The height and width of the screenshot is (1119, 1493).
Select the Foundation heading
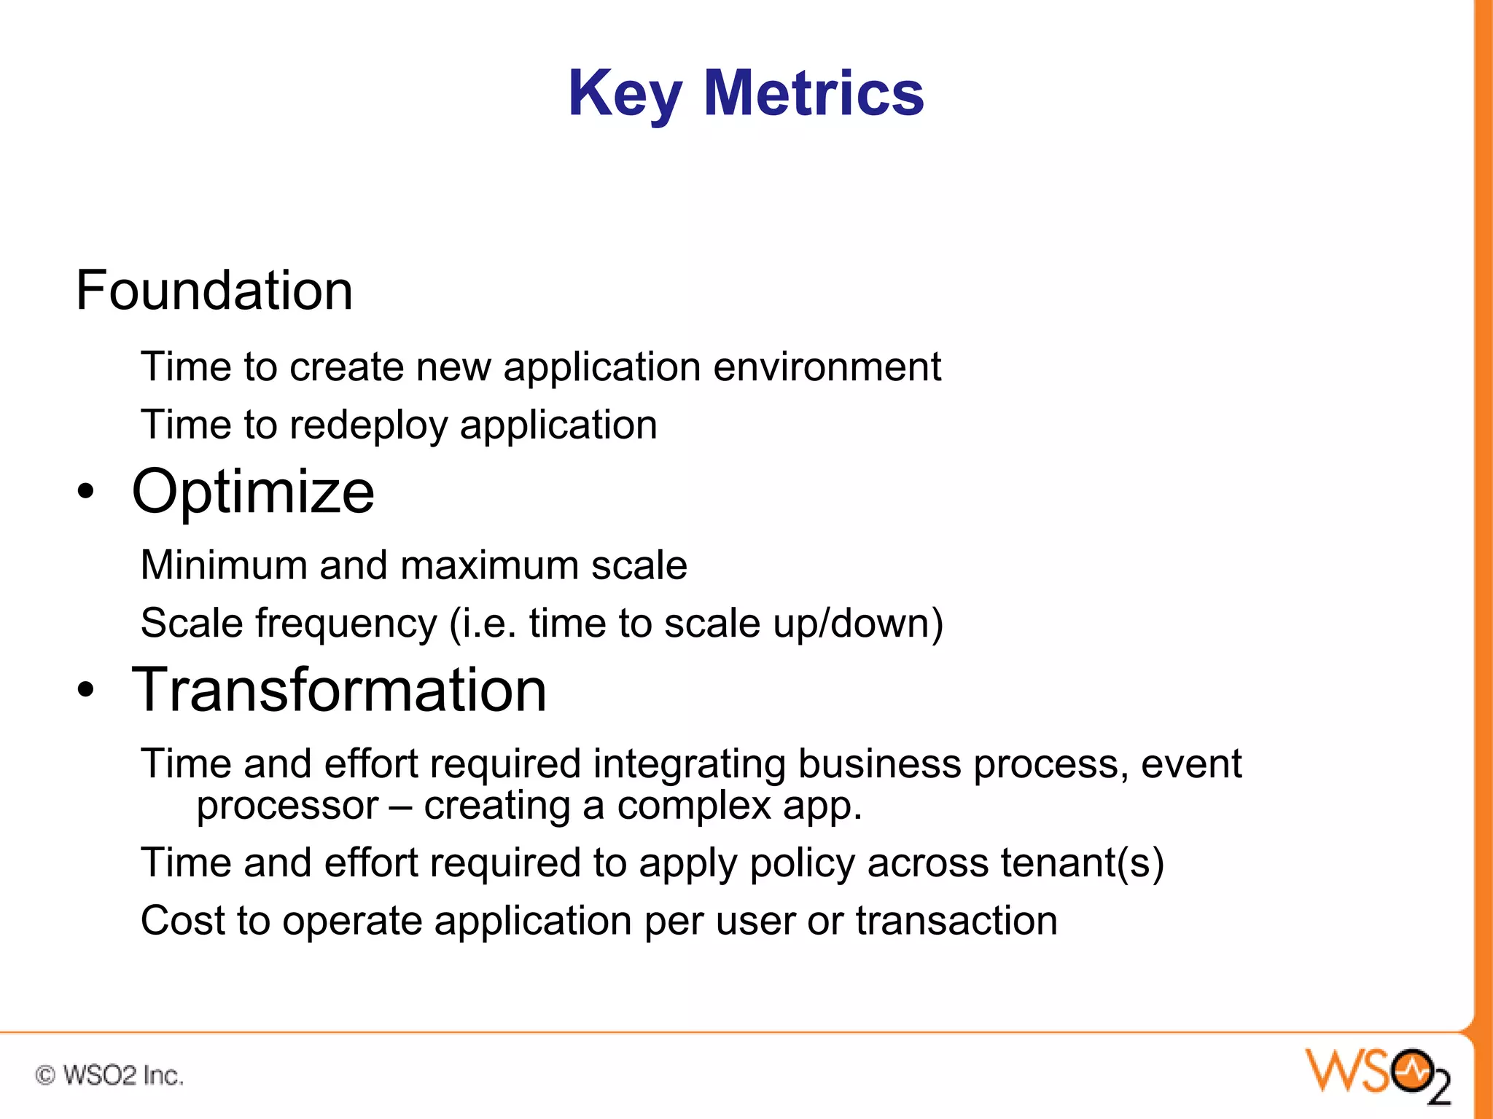pos(214,291)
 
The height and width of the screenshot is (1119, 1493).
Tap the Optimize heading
pos(253,492)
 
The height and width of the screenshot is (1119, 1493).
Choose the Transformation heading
pos(339,690)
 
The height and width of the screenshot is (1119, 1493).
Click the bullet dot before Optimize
pos(86,492)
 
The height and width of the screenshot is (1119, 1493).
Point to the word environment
pos(827,366)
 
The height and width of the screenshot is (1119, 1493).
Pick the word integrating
pos(689,764)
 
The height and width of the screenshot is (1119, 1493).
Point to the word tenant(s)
pos(1082,863)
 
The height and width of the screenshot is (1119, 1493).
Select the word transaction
pos(956,921)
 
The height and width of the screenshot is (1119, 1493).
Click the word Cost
pos(183,921)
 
